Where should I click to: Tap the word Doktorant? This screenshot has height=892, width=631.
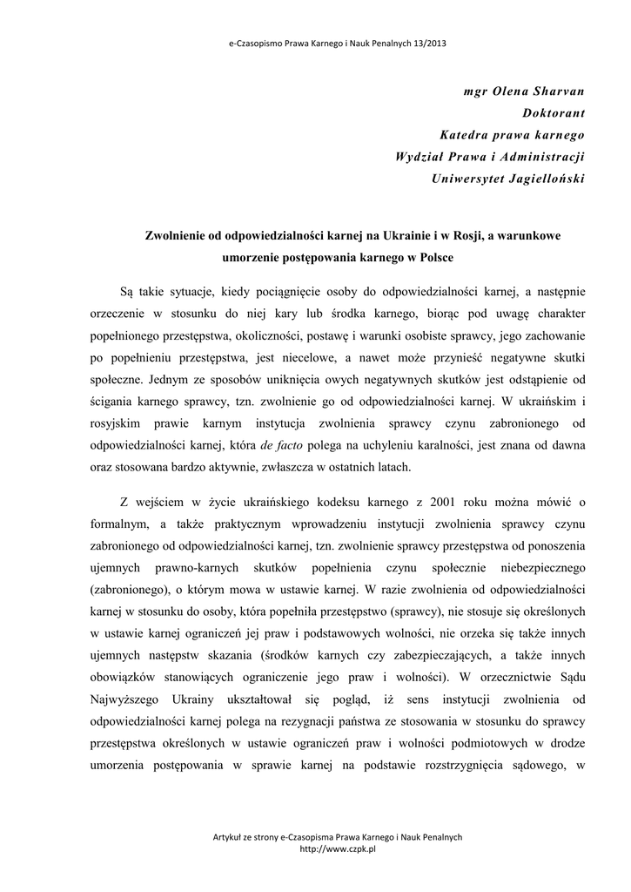tap(554, 112)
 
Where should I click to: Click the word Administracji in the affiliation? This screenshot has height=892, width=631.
tap(540, 157)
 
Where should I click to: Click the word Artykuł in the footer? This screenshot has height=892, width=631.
tap(229, 837)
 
